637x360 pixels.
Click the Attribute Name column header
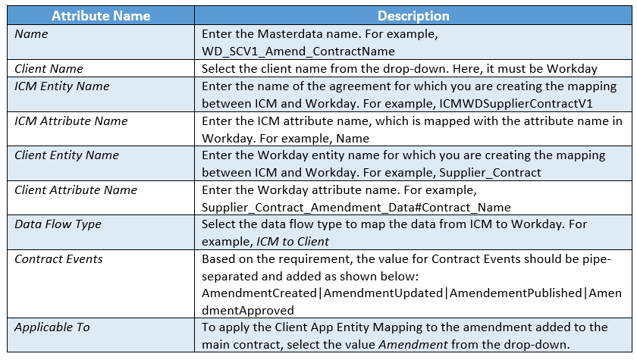click(101, 16)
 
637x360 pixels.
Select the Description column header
click(413, 16)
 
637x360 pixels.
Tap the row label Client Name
click(49, 69)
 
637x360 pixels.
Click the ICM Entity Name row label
click(62, 86)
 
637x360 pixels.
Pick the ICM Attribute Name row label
click(71, 121)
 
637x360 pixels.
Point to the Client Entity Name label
click(67, 155)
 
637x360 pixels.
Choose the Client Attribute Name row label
click(76, 190)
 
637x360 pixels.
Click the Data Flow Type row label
click(58, 224)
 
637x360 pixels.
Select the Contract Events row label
click(58, 259)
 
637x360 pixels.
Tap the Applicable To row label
click(52, 327)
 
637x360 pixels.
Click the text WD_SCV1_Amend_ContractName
click(298, 52)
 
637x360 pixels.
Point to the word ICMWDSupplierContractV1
click(516, 104)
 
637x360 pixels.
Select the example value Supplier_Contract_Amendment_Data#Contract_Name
click(356, 208)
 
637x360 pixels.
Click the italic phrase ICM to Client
click(293, 242)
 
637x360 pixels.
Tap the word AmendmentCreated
click(259, 293)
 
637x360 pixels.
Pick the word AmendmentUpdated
click(383, 293)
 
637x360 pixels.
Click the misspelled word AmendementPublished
click(516, 293)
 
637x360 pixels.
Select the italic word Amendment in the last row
click(413, 345)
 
